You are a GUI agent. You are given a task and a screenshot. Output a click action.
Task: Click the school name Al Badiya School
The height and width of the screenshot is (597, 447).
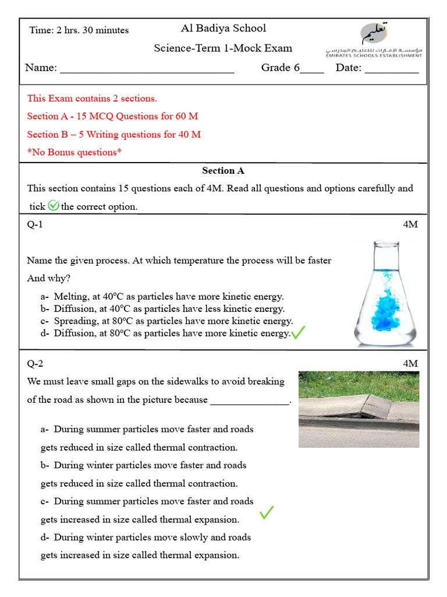tap(223, 28)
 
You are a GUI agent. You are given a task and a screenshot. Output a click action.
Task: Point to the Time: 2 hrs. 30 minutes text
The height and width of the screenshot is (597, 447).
tap(79, 30)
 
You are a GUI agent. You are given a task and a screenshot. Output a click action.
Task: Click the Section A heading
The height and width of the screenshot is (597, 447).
tap(223, 171)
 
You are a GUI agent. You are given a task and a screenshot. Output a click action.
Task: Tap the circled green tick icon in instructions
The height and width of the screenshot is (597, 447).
tap(54, 206)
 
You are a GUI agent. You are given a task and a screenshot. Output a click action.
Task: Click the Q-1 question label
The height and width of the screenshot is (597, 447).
tap(35, 224)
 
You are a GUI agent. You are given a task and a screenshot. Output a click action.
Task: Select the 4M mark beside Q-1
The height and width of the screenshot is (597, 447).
tap(410, 224)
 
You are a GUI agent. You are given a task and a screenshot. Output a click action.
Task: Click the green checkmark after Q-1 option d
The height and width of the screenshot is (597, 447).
tap(298, 333)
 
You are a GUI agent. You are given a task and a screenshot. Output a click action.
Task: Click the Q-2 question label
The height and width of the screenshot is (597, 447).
tap(35, 364)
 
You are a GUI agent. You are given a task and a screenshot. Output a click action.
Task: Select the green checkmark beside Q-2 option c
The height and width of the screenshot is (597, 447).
tap(267, 512)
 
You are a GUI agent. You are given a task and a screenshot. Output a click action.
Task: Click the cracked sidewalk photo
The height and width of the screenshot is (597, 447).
tap(359, 409)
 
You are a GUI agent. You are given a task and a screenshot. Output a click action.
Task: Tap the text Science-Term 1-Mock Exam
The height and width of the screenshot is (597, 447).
tap(223, 48)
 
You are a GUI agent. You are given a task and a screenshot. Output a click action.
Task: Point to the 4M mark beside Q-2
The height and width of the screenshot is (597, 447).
tap(410, 364)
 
